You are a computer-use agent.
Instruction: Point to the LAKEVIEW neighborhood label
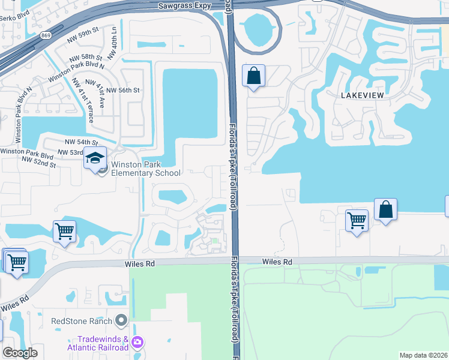tap(362, 95)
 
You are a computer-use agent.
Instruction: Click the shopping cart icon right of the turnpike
tap(357, 220)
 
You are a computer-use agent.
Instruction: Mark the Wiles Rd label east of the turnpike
tap(277, 262)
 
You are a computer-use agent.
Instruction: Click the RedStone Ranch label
tap(82, 320)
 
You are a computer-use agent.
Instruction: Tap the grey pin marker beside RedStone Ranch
tap(122, 320)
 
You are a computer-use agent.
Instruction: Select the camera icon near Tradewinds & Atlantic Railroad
tap(137, 343)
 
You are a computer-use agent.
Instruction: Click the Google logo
tap(20, 353)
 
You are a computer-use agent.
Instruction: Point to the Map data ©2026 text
tap(423, 355)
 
